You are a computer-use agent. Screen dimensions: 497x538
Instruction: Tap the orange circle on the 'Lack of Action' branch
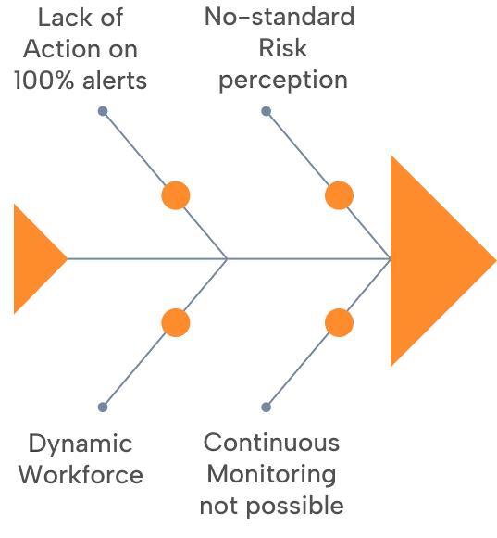[176, 195]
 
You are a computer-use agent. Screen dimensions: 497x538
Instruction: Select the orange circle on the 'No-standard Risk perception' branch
[339, 195]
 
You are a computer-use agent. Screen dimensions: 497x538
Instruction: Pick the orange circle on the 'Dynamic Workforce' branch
[176, 322]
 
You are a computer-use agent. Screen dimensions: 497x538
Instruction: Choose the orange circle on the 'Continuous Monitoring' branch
[339, 322]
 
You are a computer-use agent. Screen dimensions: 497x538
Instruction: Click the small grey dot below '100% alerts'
[103, 111]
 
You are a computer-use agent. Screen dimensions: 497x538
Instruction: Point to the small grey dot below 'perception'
[266, 111]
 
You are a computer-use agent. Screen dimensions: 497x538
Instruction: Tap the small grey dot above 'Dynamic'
[103, 407]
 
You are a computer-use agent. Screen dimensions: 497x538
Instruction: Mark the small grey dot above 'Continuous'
[266, 407]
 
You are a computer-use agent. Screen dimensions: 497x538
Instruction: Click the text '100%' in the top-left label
[43, 81]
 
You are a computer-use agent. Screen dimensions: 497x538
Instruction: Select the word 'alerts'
[115, 81]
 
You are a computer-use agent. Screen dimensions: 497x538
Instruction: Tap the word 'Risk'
[283, 48]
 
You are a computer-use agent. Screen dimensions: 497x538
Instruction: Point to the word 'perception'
[283, 81]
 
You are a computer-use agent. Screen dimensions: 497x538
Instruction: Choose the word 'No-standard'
[280, 17]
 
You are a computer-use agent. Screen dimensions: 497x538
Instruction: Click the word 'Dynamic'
[81, 444]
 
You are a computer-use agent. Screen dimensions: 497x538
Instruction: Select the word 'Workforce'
[81, 475]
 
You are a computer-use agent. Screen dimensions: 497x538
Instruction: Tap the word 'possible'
[295, 507]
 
